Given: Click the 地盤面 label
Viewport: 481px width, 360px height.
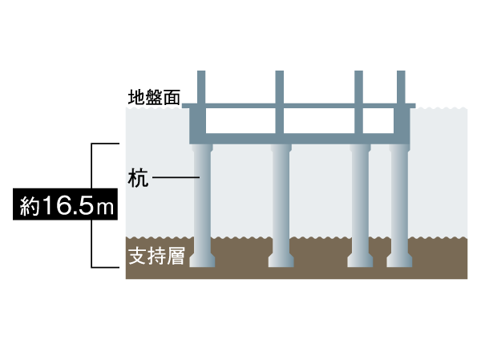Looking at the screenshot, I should (153, 99).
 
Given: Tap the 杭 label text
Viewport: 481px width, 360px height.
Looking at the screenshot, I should (138, 177).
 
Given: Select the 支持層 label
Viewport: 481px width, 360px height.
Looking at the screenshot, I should (157, 257).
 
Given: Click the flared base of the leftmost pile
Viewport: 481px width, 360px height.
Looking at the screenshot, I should (202, 261).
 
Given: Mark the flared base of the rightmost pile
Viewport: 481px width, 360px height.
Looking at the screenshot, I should (399, 261).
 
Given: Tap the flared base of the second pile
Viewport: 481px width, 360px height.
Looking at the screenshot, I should (280, 261).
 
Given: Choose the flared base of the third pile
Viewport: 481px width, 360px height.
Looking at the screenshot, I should (360, 261).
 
